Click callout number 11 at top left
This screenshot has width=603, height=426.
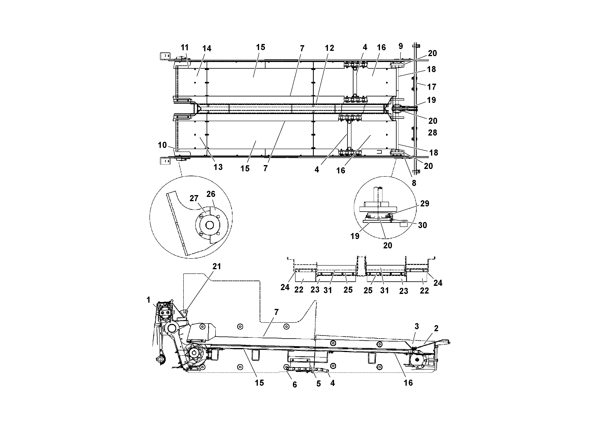click(185, 48)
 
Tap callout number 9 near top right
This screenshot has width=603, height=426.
click(400, 46)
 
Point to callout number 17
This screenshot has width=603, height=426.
click(431, 87)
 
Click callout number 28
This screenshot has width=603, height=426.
click(432, 133)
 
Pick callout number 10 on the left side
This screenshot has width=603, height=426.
click(162, 145)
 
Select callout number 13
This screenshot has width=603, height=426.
click(218, 167)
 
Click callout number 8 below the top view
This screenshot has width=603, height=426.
click(414, 183)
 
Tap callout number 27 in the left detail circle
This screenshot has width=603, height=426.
click(194, 198)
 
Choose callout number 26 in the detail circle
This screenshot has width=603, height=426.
click(211, 194)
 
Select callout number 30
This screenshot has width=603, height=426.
click(422, 225)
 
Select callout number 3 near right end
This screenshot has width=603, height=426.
click(416, 327)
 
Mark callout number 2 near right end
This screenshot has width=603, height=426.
click(436, 328)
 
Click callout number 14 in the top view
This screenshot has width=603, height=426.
click(207, 49)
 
